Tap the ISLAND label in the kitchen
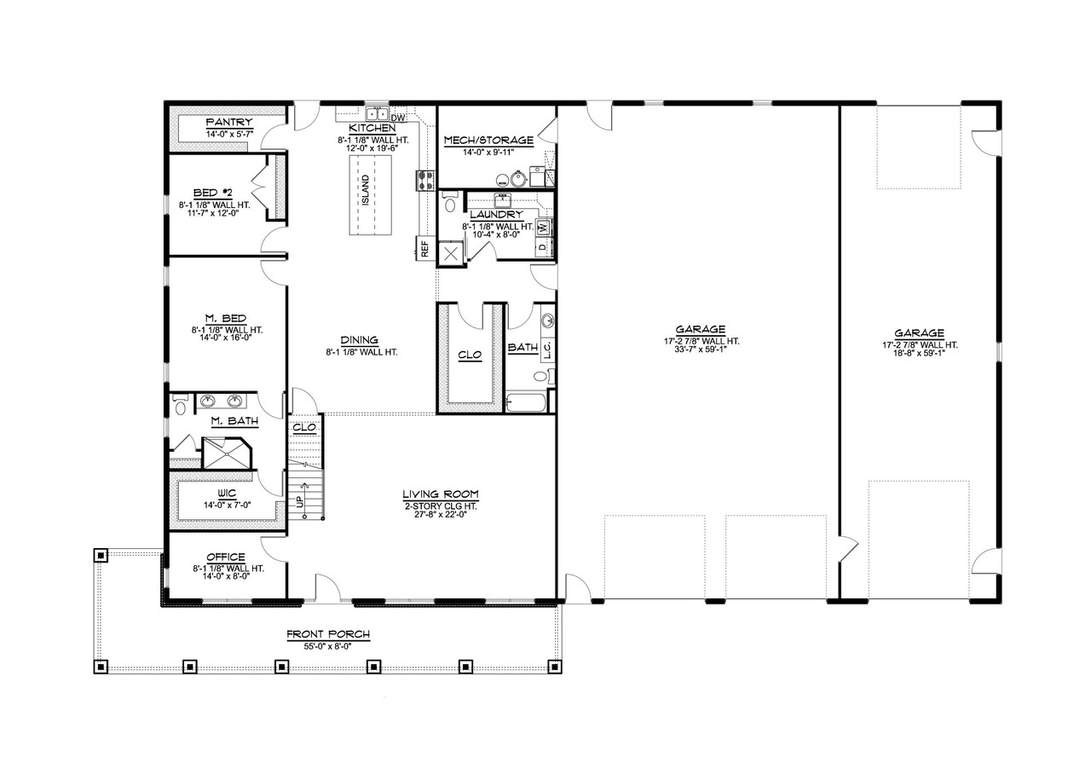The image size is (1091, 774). [366, 186]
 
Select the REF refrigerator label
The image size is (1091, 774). [424, 248]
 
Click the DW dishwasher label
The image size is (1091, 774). [397, 117]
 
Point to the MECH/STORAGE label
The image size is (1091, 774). [488, 140]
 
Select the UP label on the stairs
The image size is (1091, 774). [300, 503]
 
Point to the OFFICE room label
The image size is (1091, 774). [225, 557]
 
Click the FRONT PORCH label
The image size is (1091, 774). [327, 634]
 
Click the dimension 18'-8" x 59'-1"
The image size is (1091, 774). [920, 354]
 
